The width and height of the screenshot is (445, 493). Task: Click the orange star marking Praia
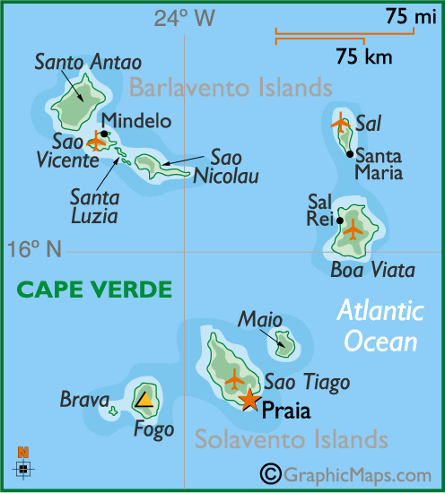(249, 400)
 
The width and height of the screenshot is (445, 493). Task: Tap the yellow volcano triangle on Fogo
(144, 399)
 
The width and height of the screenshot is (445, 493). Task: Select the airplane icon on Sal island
(340, 122)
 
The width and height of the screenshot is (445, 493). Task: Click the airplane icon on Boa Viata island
(353, 229)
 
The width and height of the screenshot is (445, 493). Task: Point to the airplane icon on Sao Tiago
(235, 379)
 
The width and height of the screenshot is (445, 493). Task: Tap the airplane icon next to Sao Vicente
(97, 141)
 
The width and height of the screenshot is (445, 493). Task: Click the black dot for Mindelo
(105, 134)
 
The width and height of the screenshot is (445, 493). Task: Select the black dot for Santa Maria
(350, 154)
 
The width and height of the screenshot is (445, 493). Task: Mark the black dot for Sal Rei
(339, 220)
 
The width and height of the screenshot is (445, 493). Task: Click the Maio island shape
(284, 342)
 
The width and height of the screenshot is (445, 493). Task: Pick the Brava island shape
(113, 412)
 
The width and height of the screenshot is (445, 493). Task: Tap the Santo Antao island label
(75, 62)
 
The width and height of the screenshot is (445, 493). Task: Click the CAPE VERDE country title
(94, 289)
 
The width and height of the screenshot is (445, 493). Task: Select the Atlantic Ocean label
(380, 326)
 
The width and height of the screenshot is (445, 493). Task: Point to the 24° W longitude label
(185, 18)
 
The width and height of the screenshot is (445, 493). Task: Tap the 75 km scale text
(364, 58)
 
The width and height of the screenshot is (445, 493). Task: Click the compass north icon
(23, 463)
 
